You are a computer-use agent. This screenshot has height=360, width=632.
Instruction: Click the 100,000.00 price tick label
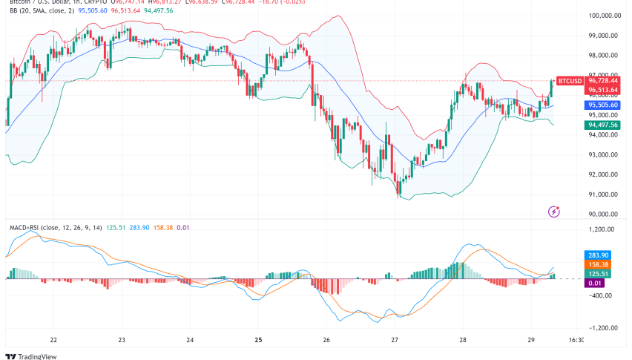tap(605, 16)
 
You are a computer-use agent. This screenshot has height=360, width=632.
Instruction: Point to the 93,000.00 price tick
tap(603, 154)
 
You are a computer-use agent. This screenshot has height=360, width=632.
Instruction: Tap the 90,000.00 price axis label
tap(603, 215)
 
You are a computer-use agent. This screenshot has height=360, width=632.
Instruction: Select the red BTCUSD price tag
tap(570, 80)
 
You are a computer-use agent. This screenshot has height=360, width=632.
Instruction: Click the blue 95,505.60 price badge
tap(603, 105)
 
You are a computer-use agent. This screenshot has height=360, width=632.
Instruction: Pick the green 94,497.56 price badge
tap(603, 125)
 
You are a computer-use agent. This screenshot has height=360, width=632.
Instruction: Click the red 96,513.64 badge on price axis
tap(603, 90)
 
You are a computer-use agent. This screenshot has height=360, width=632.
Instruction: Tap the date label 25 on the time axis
tap(258, 340)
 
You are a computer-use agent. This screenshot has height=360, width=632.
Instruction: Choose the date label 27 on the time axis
tap(395, 340)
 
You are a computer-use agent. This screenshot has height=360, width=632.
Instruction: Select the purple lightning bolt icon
tap(553, 212)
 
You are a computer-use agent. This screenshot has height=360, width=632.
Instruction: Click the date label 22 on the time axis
tap(53, 340)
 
